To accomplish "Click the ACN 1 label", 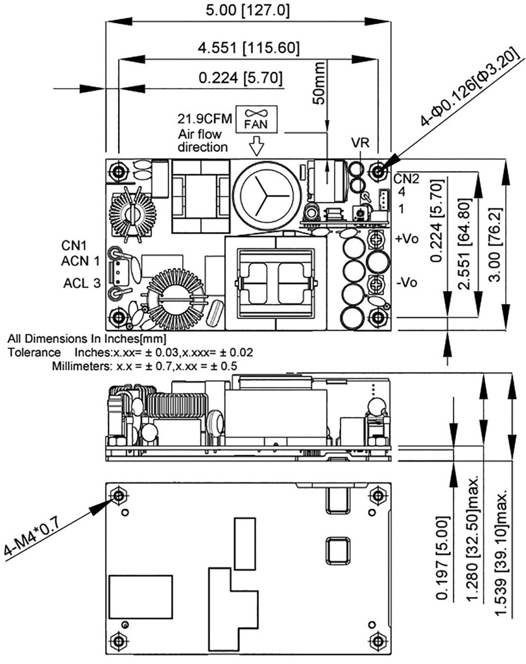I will [81, 261].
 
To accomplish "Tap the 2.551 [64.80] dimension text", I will [463, 239].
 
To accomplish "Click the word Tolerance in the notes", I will [33, 352].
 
